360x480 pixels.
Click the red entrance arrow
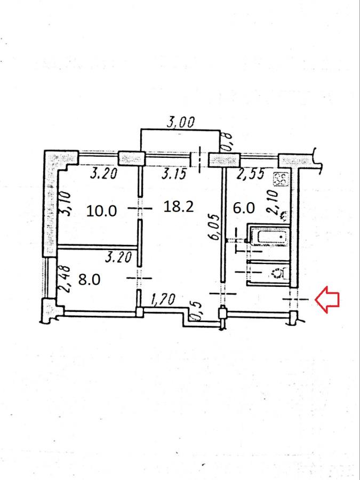327,299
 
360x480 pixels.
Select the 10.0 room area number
101,211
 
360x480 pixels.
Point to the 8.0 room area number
89,279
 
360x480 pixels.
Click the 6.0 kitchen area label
244,208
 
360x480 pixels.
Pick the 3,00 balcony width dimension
180,122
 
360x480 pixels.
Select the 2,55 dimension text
251,174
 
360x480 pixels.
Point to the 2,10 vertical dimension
273,202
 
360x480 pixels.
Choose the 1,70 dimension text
163,299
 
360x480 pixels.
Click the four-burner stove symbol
281,179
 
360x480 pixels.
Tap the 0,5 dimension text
196,311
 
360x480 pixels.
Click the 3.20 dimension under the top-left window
104,173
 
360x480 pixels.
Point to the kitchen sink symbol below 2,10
284,216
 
